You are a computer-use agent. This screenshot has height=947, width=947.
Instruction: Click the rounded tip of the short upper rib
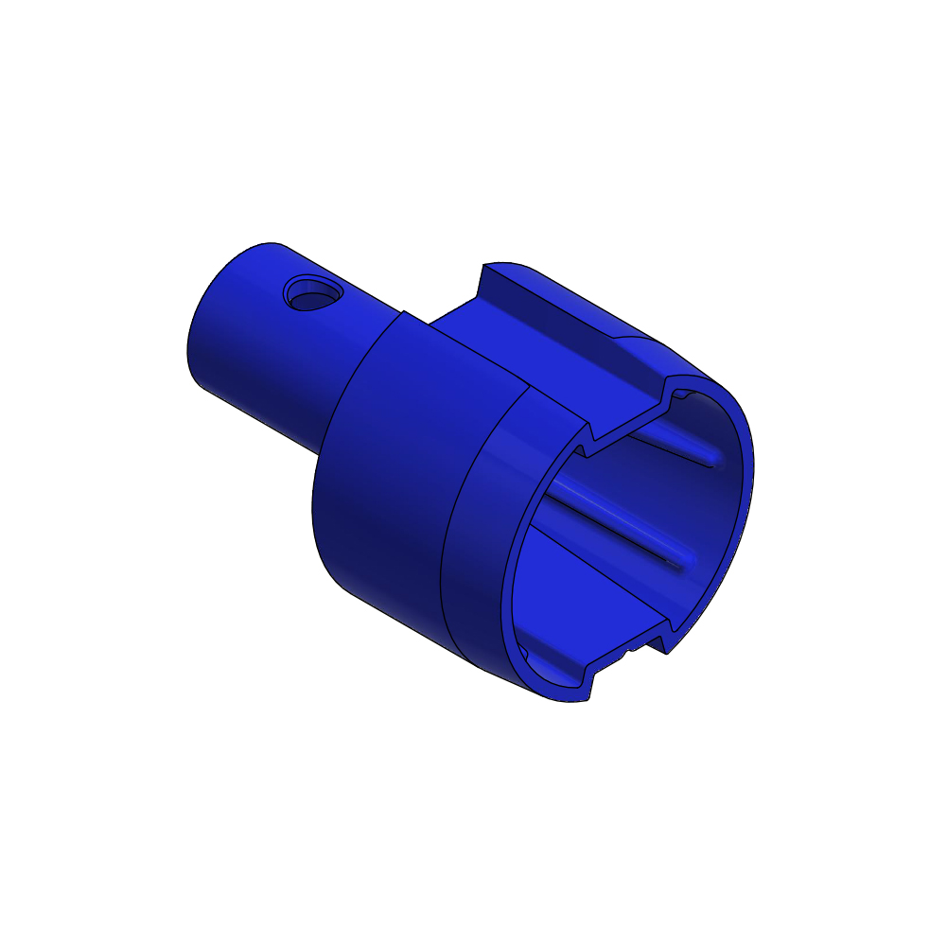pyautogui.click(x=710, y=460)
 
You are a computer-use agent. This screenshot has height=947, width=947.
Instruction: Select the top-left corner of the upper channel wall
pyautogui.click(x=485, y=265)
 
